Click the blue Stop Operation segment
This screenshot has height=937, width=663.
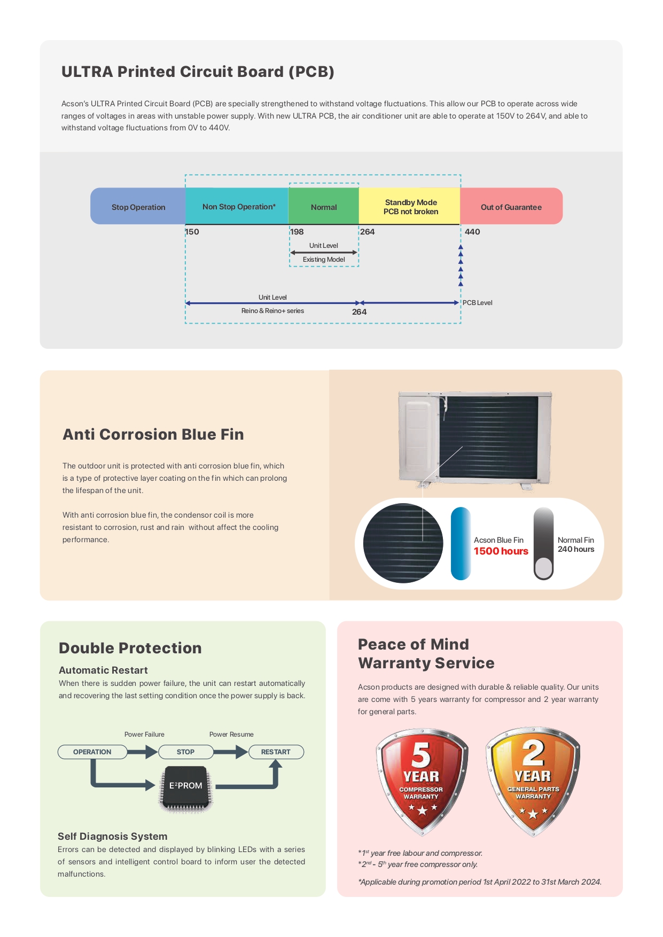(138, 206)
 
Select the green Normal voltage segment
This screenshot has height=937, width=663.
(324, 206)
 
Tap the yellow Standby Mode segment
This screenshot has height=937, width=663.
(410, 206)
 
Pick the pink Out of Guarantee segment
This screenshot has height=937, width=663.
(511, 206)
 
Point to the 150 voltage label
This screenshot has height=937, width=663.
(192, 232)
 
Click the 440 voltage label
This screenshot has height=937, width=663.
(472, 232)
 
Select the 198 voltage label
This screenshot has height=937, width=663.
(297, 232)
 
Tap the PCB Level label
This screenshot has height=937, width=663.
(478, 303)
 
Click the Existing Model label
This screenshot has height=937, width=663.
(324, 260)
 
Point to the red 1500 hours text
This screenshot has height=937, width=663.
(501, 551)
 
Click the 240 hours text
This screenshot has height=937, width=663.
(576, 549)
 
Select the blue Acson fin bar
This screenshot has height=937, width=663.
(461, 544)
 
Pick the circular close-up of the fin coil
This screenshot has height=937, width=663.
(403, 543)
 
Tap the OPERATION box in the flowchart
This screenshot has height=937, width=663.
(92, 752)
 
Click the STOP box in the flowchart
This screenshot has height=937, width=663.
(186, 752)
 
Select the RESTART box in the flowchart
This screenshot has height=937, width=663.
(276, 752)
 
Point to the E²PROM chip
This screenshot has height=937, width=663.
(185, 786)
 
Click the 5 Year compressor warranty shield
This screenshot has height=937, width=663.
(422, 781)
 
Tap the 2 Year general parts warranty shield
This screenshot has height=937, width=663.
(533, 781)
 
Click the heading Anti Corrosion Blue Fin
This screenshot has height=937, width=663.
(153, 434)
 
